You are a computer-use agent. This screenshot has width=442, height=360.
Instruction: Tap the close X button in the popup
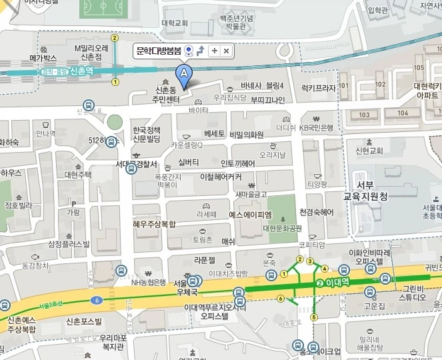(x=226, y=51)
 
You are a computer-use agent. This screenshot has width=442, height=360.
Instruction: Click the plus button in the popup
(x=214, y=51)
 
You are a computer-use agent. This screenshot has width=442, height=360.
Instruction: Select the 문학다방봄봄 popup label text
(x=159, y=51)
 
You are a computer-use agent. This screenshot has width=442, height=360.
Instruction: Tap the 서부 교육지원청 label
(x=365, y=191)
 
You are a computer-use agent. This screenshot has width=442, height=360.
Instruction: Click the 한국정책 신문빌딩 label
(x=145, y=134)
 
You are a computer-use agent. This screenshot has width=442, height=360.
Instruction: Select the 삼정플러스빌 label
(x=69, y=244)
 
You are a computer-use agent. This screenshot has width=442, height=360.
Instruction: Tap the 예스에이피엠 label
(x=250, y=215)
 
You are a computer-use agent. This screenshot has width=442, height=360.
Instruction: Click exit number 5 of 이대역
(x=314, y=317)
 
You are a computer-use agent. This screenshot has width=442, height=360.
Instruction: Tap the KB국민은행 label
(x=315, y=127)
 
